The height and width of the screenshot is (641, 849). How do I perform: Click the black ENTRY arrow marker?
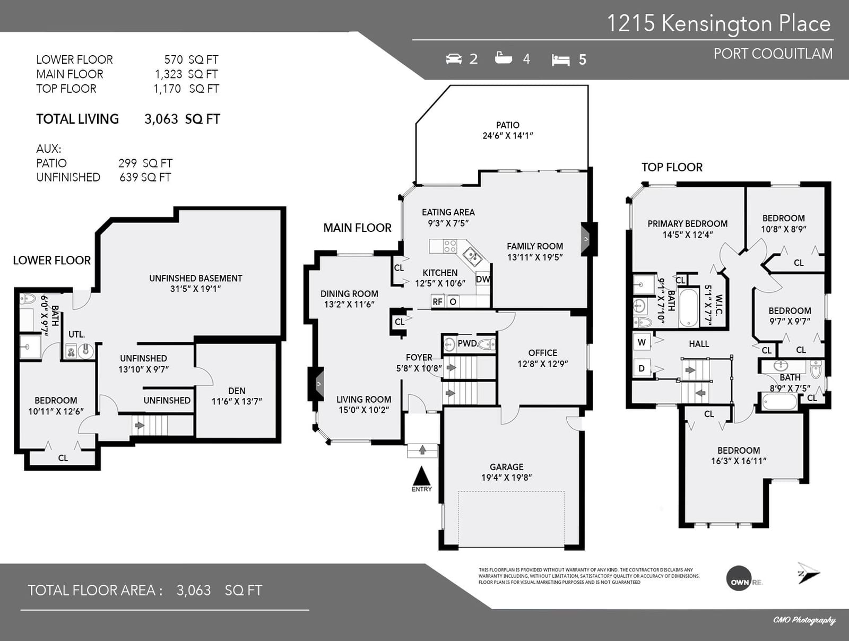click(422, 476)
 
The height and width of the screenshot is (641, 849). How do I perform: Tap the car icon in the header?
click(454, 59)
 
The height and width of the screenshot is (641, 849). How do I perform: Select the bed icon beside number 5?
click(560, 60)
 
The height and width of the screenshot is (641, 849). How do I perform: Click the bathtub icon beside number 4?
click(503, 58)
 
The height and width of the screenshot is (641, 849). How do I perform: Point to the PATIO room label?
click(507, 125)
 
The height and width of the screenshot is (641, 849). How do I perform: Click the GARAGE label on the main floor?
click(506, 467)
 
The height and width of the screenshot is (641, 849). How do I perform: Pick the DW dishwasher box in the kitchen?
click(483, 279)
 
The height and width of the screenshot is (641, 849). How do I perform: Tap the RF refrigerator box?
click(438, 301)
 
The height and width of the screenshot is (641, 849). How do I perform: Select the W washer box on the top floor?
click(642, 342)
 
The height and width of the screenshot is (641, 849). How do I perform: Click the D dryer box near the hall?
click(642, 368)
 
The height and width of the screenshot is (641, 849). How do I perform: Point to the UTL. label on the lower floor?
click(76, 335)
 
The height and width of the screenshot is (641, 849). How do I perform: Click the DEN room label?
click(237, 391)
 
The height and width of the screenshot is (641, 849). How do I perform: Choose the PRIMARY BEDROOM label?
click(687, 224)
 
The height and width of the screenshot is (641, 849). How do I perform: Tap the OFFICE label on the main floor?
click(543, 353)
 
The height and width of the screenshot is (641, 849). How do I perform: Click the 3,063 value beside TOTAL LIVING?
click(161, 119)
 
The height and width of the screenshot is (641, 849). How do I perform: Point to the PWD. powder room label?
click(467, 343)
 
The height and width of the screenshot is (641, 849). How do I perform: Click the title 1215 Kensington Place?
click(718, 23)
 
